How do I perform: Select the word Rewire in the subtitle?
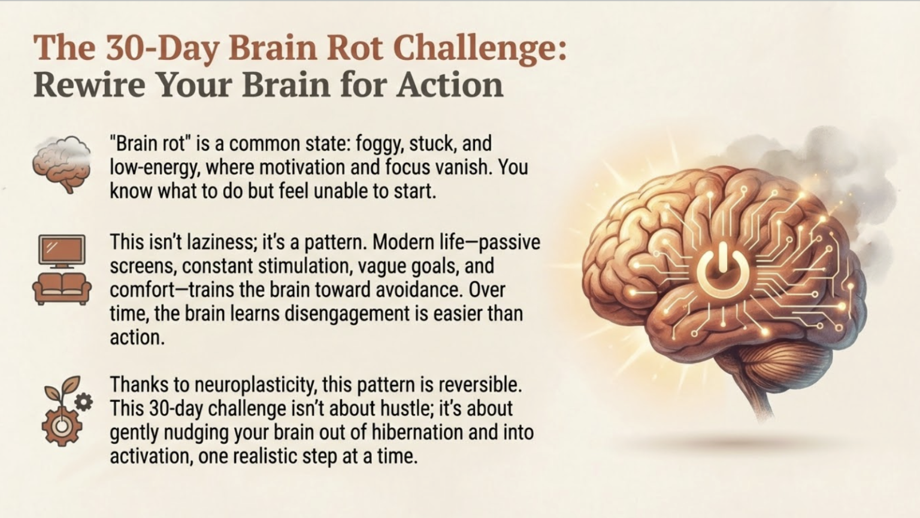[89, 84]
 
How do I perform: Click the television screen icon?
[62, 250]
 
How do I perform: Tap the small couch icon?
[62, 289]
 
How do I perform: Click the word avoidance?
[419, 290]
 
